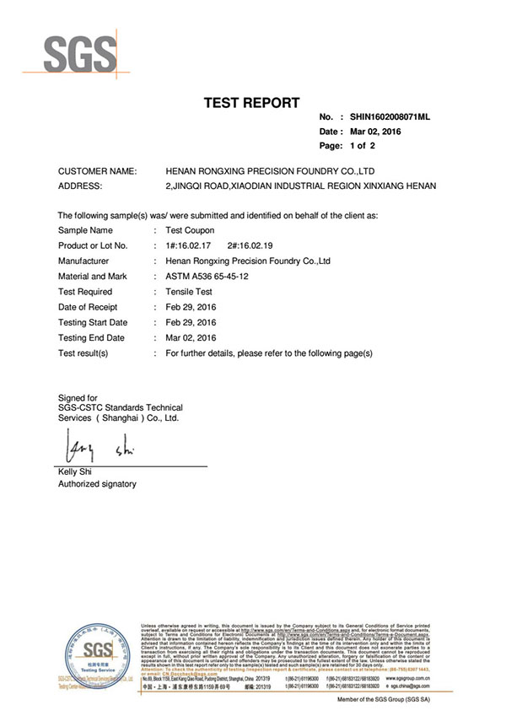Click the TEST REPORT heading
pos(252,103)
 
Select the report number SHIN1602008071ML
pos(390,119)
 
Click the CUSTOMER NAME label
pos(97,171)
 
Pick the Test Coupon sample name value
pos(190,229)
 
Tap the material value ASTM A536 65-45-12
pos(207,276)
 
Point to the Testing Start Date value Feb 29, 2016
pos(191,322)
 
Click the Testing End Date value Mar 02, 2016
pos(191,338)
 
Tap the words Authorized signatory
pos(96,484)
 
